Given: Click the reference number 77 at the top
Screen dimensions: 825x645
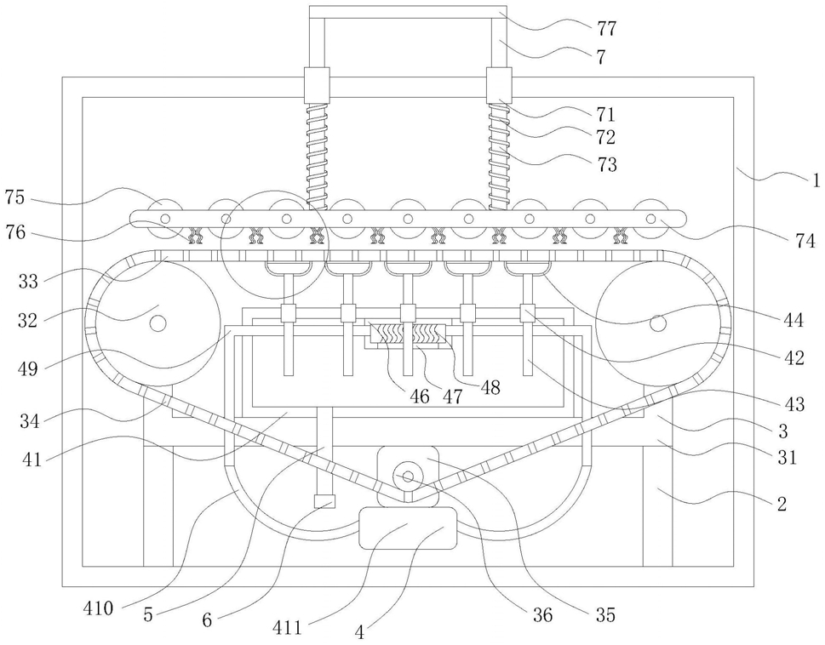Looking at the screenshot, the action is point(607,28).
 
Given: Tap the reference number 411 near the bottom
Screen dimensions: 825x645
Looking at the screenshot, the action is point(287,626).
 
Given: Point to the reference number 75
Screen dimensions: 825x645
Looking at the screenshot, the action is point(15,199).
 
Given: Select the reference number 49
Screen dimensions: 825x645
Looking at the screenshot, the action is point(28,368).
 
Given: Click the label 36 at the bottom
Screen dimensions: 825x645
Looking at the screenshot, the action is point(542,614).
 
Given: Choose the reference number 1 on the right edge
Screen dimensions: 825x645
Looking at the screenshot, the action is point(816,181).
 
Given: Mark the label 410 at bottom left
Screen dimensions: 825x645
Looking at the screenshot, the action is point(98,608).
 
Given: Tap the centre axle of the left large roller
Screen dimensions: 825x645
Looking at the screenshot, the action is point(158,322).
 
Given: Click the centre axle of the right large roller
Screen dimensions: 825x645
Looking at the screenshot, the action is point(656,322).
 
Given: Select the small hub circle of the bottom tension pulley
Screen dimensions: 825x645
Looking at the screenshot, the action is point(408,477).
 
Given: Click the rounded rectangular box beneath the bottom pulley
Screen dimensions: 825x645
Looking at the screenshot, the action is point(408,528).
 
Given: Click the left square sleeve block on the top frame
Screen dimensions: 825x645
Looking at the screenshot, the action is point(317,84).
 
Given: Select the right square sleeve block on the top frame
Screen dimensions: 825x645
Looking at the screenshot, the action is point(499,84).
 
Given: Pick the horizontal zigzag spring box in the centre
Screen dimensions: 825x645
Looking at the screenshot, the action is point(409,334).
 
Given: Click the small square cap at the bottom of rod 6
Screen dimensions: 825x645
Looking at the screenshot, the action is point(324,501).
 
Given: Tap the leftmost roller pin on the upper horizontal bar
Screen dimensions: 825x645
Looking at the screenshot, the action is point(165,218).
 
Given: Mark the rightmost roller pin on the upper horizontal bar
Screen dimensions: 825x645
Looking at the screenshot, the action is point(650,218).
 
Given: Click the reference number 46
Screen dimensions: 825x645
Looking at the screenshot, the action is point(420,396).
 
